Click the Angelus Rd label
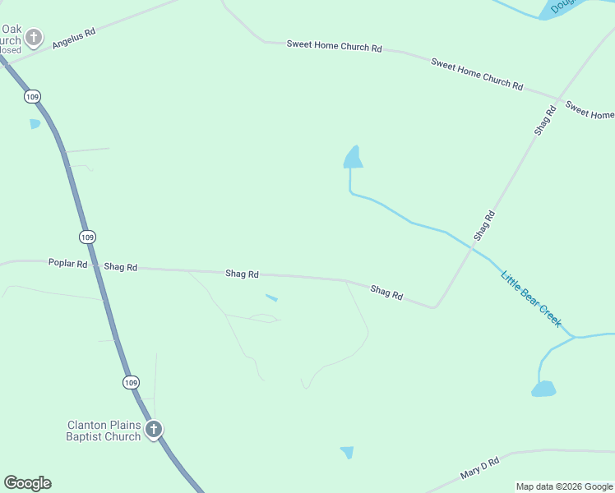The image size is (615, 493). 74,38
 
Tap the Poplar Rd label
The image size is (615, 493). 67,264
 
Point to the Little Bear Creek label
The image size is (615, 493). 531,298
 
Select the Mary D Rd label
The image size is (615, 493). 480,469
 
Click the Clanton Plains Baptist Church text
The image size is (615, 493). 104,431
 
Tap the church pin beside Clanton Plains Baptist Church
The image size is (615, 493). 153,429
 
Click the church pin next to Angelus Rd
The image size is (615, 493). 33,37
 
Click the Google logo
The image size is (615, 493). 27,483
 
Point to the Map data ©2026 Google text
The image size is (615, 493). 564,486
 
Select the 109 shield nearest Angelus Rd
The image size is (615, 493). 31,97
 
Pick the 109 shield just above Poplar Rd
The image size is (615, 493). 88,237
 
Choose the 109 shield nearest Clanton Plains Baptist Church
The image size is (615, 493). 132,382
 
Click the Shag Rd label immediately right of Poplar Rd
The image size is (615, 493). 120,267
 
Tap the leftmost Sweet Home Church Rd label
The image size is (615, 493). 334,46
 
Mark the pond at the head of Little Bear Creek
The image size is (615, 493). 354,158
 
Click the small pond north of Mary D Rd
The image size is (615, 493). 347,452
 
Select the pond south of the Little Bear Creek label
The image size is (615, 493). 543,389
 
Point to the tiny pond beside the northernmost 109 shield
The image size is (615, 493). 35,124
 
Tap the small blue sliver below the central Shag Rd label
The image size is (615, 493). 271,297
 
